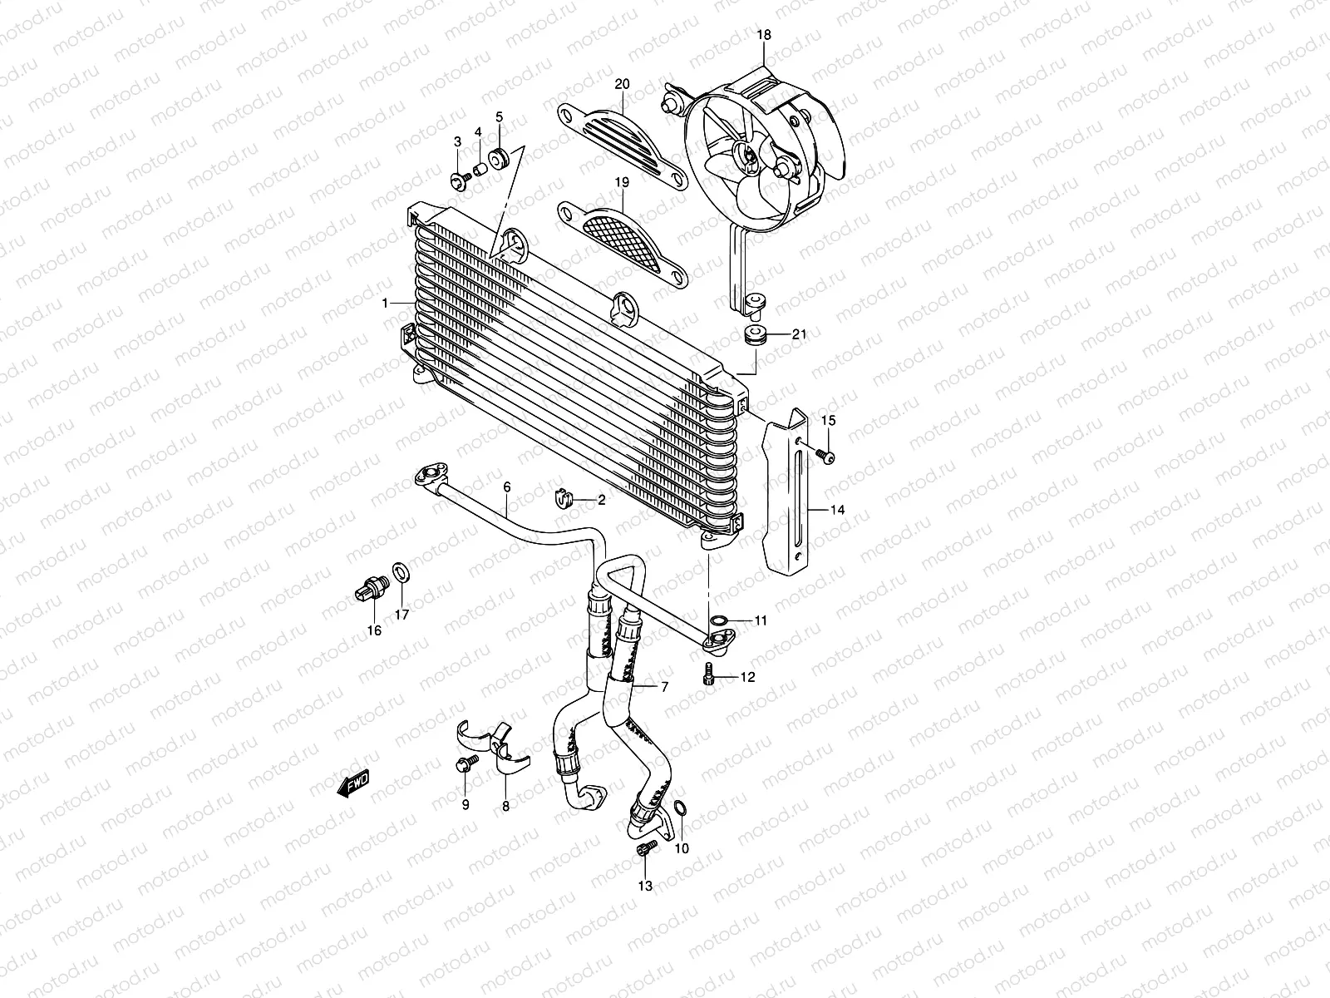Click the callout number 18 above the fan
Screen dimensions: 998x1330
pos(764,35)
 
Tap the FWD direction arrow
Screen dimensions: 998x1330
pos(353,784)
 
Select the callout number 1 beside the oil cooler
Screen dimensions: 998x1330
pos(385,304)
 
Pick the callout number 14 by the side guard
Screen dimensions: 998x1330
pos(836,510)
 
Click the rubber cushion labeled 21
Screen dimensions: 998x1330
pos(754,337)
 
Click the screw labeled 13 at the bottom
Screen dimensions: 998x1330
pos(644,847)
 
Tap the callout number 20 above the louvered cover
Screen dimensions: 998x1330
pos(623,84)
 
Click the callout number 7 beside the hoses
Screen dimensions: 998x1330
pos(664,687)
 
